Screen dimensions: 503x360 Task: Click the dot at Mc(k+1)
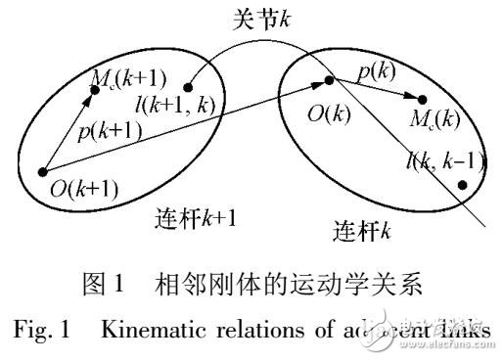coord(96,90)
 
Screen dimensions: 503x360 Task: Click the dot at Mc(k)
coord(423,98)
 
